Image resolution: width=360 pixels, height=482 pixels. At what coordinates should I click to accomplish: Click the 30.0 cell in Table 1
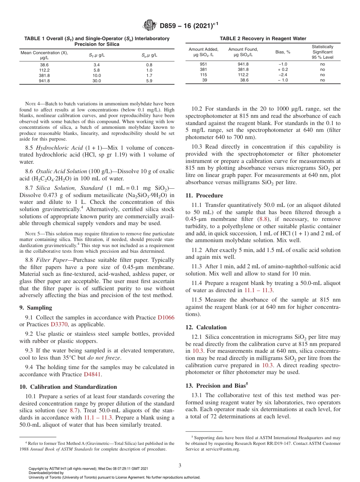97,81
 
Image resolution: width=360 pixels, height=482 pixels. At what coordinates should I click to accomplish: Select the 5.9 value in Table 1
149,81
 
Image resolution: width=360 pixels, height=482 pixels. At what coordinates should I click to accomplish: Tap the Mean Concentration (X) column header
44,55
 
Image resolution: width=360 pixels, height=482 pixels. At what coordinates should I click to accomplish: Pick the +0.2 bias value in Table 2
283,69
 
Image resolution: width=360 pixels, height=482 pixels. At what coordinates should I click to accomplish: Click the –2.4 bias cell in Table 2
283,75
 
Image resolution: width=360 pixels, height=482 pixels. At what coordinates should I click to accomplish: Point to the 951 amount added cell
203,64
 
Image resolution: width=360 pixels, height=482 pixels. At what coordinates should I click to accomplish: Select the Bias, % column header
283,52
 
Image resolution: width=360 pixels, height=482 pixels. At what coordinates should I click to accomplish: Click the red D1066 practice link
166,318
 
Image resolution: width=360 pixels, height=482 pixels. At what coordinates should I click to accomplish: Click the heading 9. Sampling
36,308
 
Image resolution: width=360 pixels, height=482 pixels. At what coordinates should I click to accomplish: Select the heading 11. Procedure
204,196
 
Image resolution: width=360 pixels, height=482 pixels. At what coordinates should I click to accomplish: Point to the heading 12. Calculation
206,327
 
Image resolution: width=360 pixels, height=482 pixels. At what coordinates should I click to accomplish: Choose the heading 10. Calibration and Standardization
68,387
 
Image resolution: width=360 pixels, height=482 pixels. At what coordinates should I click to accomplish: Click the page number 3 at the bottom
180,465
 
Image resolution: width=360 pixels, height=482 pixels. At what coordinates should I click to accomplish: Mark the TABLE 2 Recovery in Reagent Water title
263,38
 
